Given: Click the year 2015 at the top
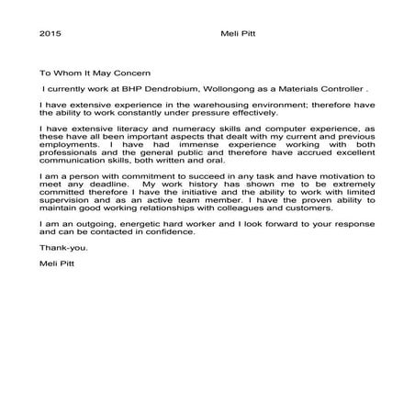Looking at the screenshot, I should pos(50,34).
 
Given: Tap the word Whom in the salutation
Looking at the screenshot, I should pos(72,71).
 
